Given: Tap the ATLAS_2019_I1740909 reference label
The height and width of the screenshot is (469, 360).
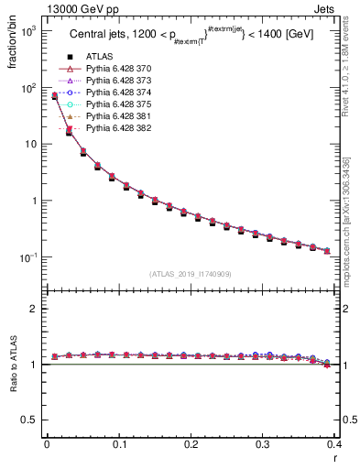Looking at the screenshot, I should click(191, 274).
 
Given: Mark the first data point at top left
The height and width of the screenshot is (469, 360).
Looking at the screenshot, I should click(55, 95).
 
